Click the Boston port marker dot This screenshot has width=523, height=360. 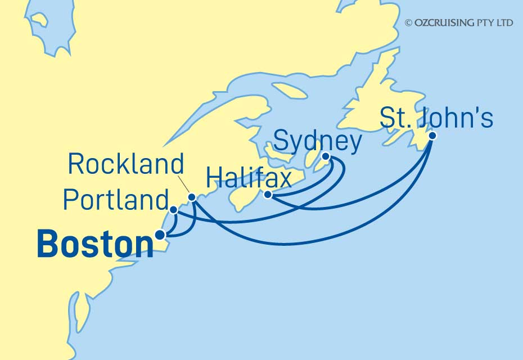click(x=160, y=235)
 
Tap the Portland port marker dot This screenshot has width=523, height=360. click(x=174, y=210)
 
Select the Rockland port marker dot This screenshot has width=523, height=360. click(x=192, y=197)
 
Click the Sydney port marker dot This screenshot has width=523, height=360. click(x=326, y=156)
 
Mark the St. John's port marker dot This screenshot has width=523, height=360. click(x=432, y=136)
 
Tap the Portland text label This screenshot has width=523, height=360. click(x=115, y=200)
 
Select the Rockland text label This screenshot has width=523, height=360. click(x=125, y=164)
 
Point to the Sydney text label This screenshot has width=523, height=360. click(x=317, y=141)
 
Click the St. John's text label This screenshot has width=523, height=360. click(x=436, y=119)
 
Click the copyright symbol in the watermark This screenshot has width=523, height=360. click(x=408, y=22)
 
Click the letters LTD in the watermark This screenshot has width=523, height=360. click(x=505, y=22)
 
